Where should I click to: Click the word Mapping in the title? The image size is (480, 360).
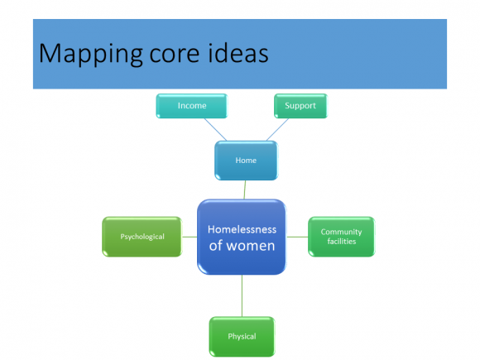pyautogui.click(x=91, y=55)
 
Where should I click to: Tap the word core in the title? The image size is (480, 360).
pyautogui.click(x=175, y=55)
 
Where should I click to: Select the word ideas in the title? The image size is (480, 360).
pyautogui.click(x=238, y=53)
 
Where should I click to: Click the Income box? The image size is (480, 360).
pyautogui.click(x=192, y=106)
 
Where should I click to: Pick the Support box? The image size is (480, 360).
pyautogui.click(x=300, y=106)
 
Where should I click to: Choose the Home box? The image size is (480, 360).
pyautogui.click(x=246, y=161)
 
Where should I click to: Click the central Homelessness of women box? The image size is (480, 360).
pyautogui.click(x=242, y=237)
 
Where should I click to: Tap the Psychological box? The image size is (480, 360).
pyautogui.click(x=142, y=237)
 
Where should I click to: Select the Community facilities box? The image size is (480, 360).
pyautogui.click(x=341, y=237)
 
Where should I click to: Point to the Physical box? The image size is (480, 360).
pyautogui.click(x=242, y=337)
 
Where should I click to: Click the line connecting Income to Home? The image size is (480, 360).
pyautogui.click(x=215, y=129)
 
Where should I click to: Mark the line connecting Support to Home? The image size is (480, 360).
pyautogui.click(x=277, y=129)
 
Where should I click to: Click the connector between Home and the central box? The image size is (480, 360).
pyautogui.click(x=245, y=190)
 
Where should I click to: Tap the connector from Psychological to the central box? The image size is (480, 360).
pyautogui.click(x=190, y=237)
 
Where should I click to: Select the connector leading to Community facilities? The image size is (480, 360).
pyautogui.click(x=297, y=237)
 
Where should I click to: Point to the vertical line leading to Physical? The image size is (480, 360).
pyautogui.click(x=242, y=295)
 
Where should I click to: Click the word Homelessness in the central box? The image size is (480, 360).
pyautogui.click(x=242, y=229)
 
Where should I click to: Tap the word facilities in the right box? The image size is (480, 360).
pyautogui.click(x=342, y=242)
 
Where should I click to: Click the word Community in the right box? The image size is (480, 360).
pyautogui.click(x=341, y=233)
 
